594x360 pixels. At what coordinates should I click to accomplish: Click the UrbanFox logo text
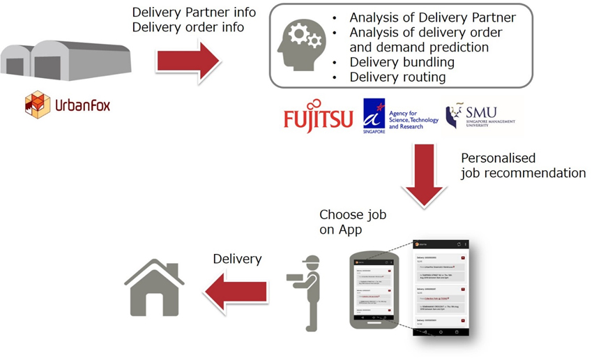[x=82, y=106]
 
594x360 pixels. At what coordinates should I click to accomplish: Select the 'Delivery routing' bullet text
[x=397, y=77]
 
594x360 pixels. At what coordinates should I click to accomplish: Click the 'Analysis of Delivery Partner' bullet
[x=432, y=17]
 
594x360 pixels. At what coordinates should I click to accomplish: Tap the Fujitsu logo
[x=318, y=119]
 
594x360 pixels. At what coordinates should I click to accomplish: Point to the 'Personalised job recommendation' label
[x=523, y=166]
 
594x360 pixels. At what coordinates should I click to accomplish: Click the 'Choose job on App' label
[x=352, y=221]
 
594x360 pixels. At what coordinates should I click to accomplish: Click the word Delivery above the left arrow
[x=236, y=259]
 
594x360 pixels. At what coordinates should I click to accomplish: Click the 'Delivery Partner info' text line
[x=193, y=13]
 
